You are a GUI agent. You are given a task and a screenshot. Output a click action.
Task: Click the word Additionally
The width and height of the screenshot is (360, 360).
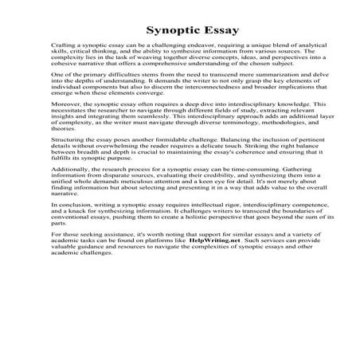tap(69, 196)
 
